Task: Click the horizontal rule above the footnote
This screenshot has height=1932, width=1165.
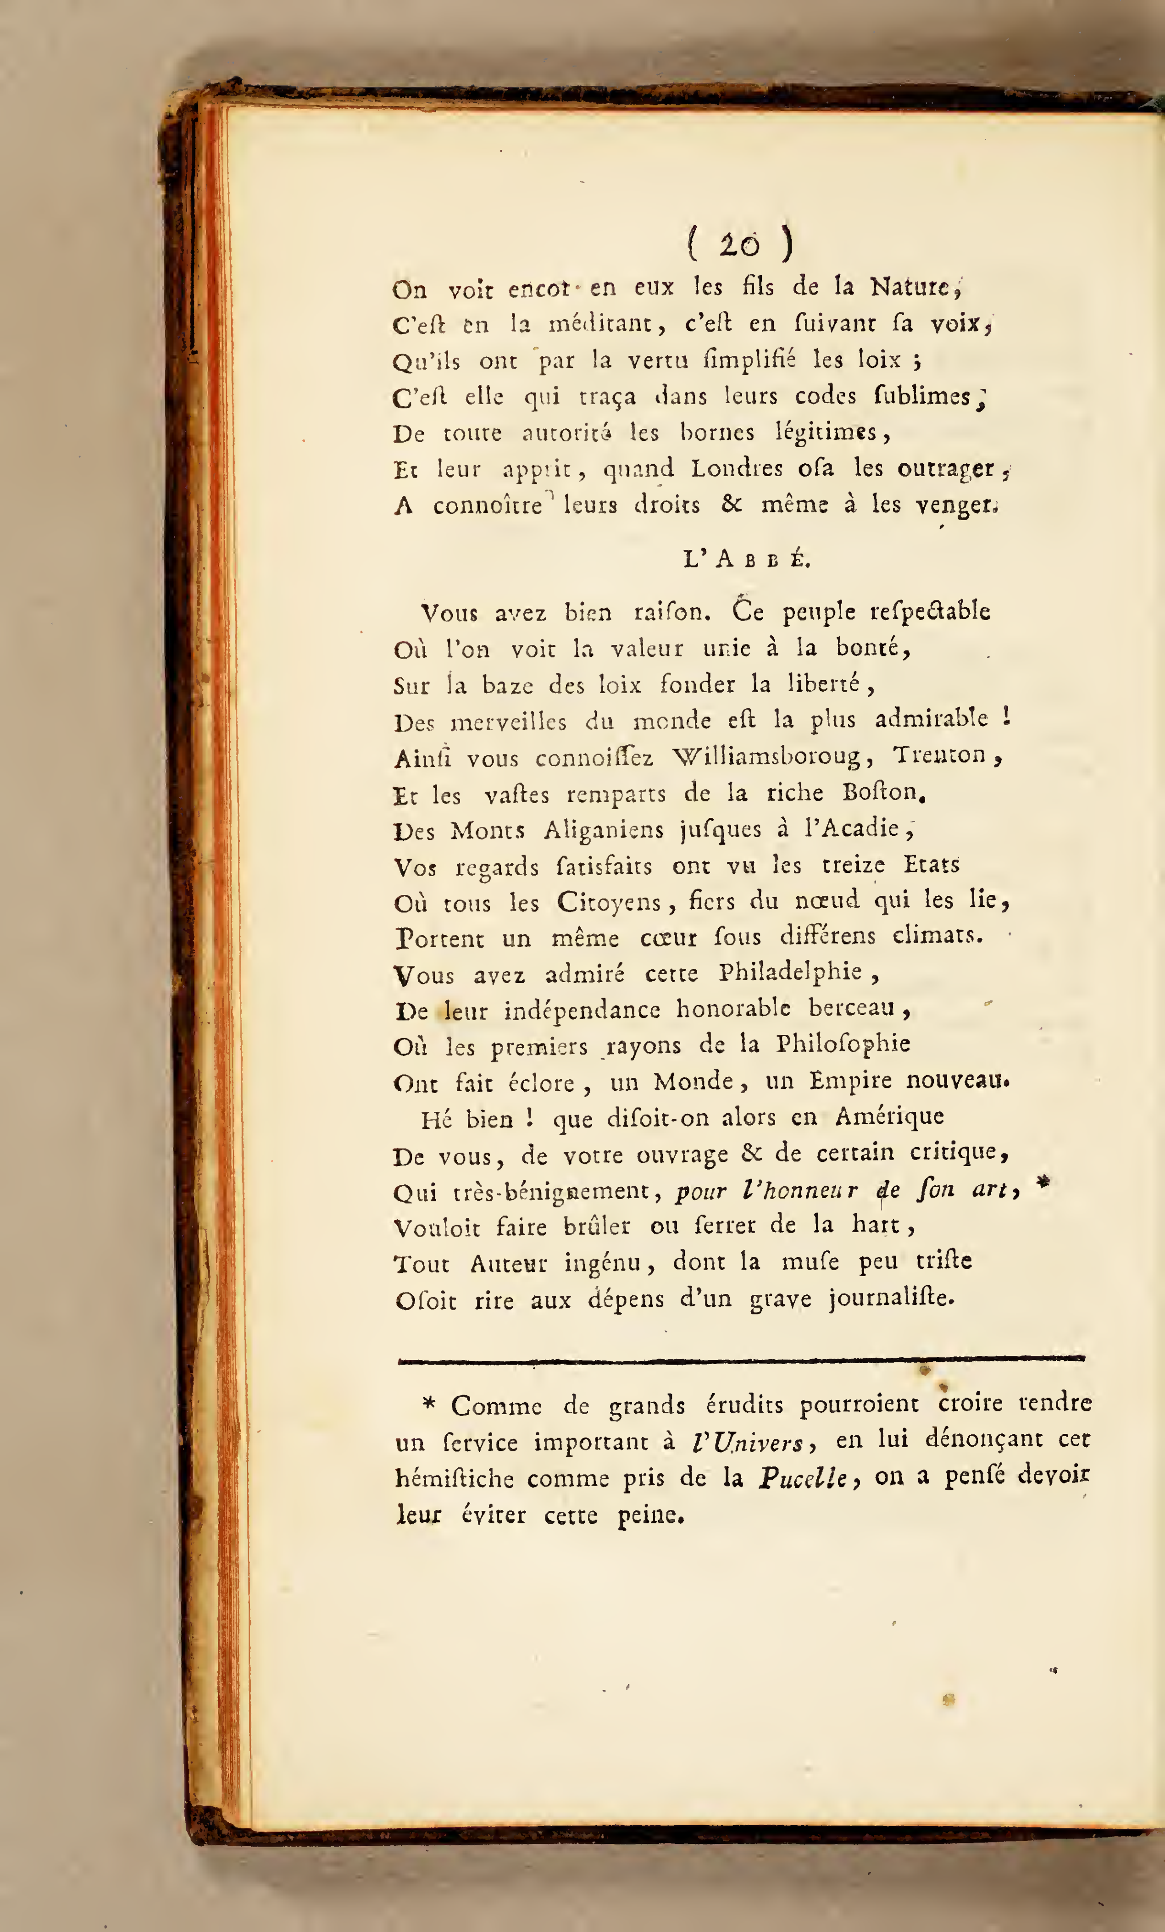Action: (741, 1359)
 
